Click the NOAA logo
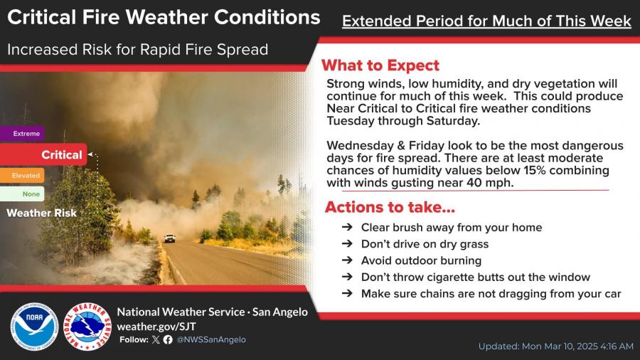point(34,327)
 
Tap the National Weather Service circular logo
point(87,327)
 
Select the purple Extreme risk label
point(22,134)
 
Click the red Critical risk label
point(43,154)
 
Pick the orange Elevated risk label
point(22,176)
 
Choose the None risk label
point(22,194)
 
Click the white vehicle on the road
point(169,238)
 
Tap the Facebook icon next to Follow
point(168,339)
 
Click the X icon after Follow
point(156,339)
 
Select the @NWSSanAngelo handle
point(211,339)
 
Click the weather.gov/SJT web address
point(156,327)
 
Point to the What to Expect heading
point(380,65)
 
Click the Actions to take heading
point(390,207)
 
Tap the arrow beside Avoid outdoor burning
point(347,260)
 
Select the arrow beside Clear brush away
point(347,227)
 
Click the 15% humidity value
point(535,170)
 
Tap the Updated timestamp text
point(556,346)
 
